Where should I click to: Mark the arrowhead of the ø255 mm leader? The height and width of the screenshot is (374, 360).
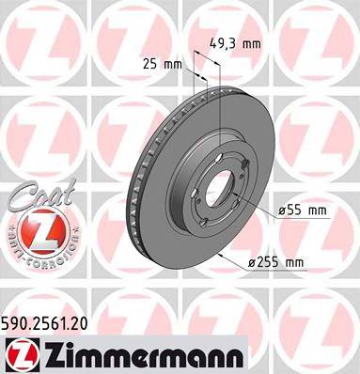coord(218,256)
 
